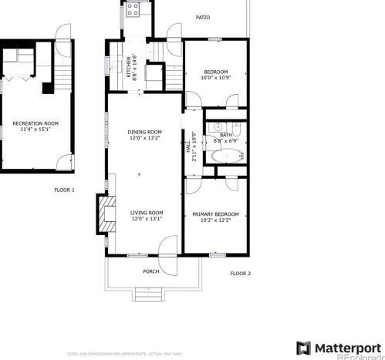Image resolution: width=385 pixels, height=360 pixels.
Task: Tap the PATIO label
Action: click(x=203, y=17)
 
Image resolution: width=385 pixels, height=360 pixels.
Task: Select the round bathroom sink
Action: click(x=218, y=126)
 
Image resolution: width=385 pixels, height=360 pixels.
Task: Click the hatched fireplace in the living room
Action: click(x=100, y=213)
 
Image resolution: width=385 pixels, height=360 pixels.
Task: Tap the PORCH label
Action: click(x=151, y=271)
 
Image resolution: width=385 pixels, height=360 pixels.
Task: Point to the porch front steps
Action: click(x=148, y=294)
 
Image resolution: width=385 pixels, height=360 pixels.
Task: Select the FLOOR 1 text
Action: click(x=64, y=190)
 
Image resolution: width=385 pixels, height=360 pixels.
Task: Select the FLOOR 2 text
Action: click(x=241, y=273)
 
